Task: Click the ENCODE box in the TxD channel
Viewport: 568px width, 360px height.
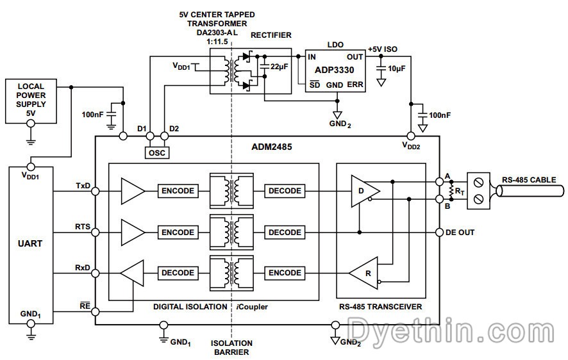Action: tap(178, 191)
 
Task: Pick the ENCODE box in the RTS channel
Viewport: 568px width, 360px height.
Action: tap(178, 232)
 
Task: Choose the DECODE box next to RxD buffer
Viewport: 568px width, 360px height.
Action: tap(178, 273)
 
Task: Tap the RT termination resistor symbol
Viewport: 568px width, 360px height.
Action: tap(452, 191)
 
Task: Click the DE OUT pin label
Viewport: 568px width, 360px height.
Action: tap(460, 232)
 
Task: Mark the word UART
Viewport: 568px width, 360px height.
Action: tap(30, 244)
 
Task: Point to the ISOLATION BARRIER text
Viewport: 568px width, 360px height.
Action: tap(231, 347)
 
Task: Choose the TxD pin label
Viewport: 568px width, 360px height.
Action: tap(83, 186)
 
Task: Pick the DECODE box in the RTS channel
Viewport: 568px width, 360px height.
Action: tap(285, 232)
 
